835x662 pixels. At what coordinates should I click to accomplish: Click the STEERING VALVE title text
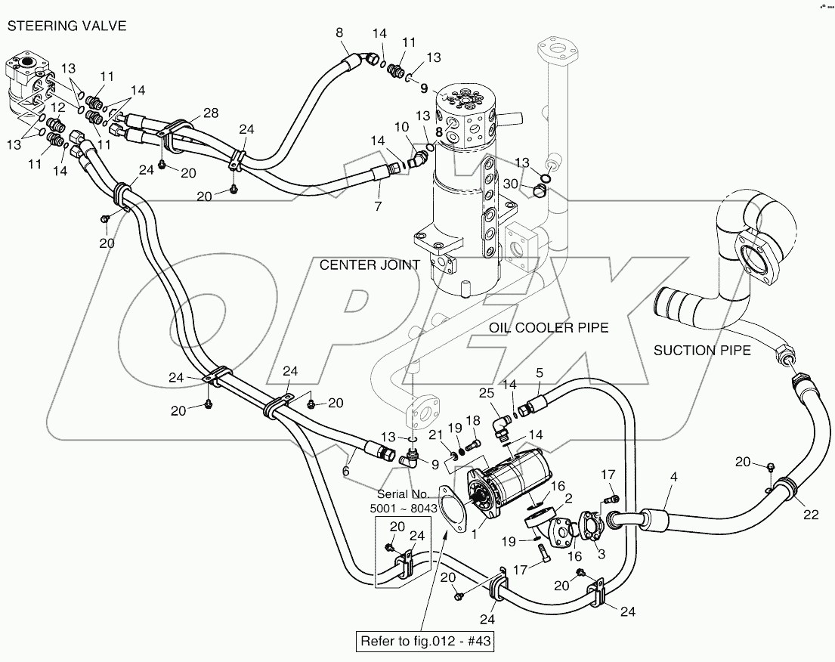(66, 26)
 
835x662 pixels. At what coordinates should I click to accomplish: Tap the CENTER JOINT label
(370, 264)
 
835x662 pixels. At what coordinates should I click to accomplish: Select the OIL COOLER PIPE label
(549, 327)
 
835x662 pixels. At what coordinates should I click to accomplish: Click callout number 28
(211, 113)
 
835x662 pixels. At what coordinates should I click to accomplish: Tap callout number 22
(811, 515)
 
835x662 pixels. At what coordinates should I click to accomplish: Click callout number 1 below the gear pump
(475, 534)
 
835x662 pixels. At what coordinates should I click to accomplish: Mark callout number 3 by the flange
(601, 554)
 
